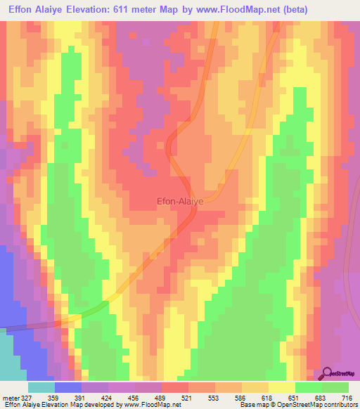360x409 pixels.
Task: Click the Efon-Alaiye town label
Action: pyautogui.click(x=179, y=201)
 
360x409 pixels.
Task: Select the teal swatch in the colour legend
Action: pyautogui.click(x=41, y=387)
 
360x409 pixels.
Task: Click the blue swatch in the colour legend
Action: pyautogui.click(x=68, y=387)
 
